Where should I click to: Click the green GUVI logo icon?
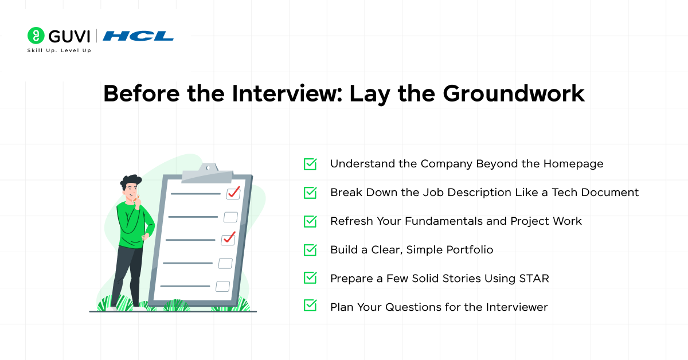tap(36, 36)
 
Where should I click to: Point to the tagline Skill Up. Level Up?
tap(59, 51)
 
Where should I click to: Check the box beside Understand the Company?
tap(310, 164)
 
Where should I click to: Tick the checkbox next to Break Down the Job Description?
tap(310, 193)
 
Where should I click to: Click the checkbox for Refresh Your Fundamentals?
tap(310, 221)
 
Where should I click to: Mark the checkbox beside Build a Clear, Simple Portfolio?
tap(310, 250)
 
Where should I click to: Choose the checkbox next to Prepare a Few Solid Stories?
tap(310, 279)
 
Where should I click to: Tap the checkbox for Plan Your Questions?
tap(310, 307)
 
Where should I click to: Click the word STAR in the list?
tap(533, 279)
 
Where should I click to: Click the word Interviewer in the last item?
tap(515, 307)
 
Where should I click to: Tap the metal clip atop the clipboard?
tap(208, 172)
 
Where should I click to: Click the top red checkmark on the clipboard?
tap(233, 192)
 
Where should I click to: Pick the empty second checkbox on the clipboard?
tap(230, 217)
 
